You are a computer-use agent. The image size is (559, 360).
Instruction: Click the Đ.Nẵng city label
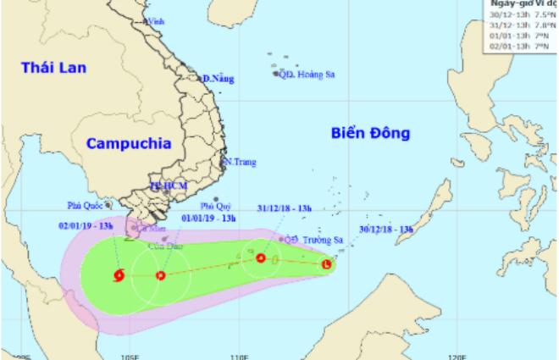[x=218, y=79]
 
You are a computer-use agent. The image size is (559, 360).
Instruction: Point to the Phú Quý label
[x=215, y=206]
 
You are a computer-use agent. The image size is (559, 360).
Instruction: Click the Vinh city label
[x=155, y=19]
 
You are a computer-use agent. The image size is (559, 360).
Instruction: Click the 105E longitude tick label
[x=129, y=356]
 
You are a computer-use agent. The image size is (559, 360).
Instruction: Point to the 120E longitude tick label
[x=458, y=356]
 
